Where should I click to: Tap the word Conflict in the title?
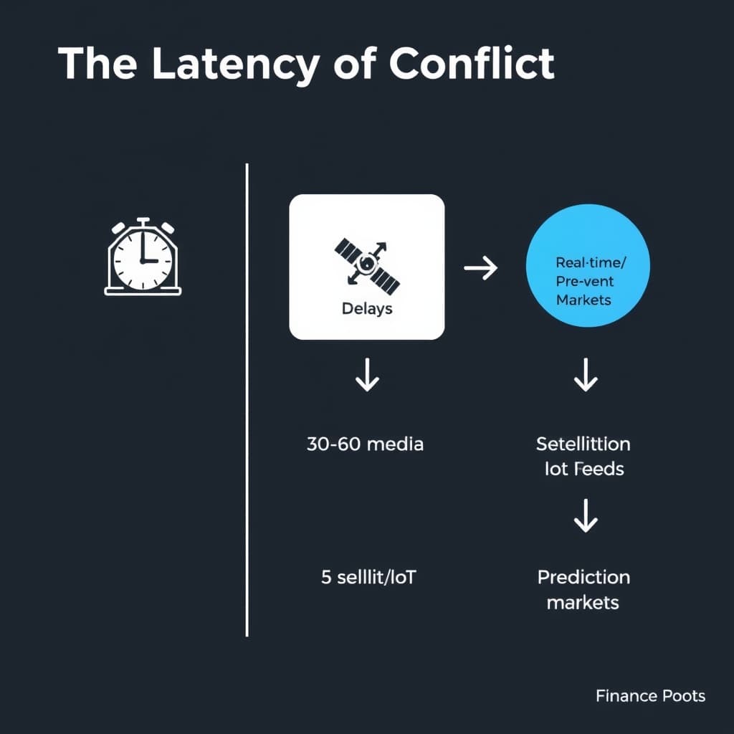(x=472, y=65)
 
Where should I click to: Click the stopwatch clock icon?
(x=143, y=257)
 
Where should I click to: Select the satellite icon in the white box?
(x=366, y=264)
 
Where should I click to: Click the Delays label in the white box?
(x=366, y=309)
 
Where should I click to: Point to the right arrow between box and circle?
(x=481, y=269)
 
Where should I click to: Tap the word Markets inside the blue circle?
(x=583, y=300)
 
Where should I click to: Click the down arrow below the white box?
(x=367, y=376)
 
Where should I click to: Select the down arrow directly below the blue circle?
(x=586, y=376)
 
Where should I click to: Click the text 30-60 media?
(x=365, y=444)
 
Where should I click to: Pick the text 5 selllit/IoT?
(x=368, y=577)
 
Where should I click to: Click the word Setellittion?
(x=583, y=444)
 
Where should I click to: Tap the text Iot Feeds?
(x=583, y=469)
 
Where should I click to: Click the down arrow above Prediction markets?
(x=586, y=517)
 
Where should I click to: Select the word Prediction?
(x=583, y=577)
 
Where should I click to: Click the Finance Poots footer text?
(x=650, y=695)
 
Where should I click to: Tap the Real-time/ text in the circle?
(x=588, y=263)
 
